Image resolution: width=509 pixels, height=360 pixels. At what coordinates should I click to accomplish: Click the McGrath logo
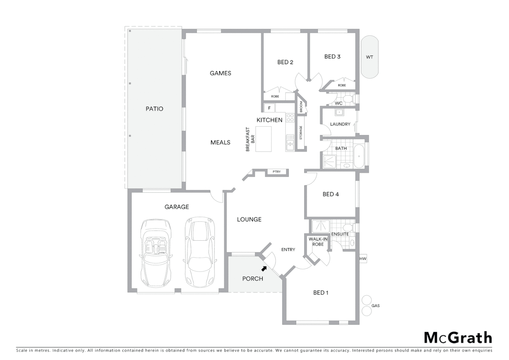tap(458, 338)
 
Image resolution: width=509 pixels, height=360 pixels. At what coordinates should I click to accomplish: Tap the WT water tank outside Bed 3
tap(369, 57)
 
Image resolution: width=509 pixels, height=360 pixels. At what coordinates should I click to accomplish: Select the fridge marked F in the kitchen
tap(269, 108)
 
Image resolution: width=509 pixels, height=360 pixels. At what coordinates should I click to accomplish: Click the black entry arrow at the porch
tap(264, 268)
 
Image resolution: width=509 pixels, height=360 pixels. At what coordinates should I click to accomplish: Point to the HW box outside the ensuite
tap(363, 259)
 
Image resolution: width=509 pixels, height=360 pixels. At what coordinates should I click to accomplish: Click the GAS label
tap(375, 306)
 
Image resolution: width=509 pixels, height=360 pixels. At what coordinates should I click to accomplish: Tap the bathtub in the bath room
tap(359, 156)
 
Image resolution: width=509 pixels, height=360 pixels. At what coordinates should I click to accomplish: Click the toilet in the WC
tap(348, 98)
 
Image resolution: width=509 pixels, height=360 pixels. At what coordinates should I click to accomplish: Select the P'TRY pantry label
tap(276, 172)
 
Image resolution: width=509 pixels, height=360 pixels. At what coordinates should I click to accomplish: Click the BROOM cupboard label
tap(301, 107)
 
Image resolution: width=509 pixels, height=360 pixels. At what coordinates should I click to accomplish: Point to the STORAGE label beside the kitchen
tap(301, 133)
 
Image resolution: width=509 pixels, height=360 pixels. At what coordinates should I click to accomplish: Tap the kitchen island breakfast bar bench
tap(263, 139)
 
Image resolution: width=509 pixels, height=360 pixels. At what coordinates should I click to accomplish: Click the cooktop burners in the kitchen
tap(290, 117)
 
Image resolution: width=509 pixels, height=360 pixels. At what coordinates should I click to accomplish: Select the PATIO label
tap(154, 109)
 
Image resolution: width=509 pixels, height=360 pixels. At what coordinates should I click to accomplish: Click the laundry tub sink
tap(339, 112)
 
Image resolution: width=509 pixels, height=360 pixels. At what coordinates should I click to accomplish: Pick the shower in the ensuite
tap(320, 226)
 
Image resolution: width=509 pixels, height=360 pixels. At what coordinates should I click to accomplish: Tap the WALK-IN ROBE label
tap(318, 242)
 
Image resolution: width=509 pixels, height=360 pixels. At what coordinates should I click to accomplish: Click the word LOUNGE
tap(249, 219)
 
